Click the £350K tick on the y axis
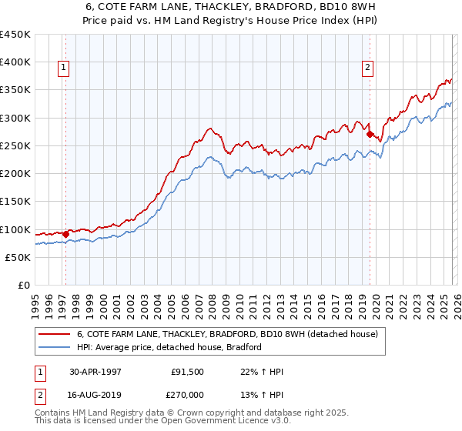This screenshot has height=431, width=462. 15,90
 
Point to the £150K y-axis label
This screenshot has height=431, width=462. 15,202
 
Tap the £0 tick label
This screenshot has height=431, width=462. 24,286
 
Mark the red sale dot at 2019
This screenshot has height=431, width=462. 370,135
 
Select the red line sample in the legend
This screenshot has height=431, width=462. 55,335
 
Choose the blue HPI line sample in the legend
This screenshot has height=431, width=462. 55,347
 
